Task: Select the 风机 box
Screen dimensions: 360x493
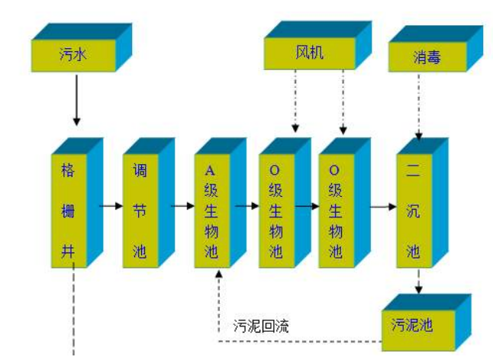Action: [x=304, y=53]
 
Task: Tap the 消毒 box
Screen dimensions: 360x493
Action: [x=427, y=57]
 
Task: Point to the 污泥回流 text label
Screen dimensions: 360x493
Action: [x=261, y=326]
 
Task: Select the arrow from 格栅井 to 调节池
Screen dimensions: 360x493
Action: [x=111, y=205]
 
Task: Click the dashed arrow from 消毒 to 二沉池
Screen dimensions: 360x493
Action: [x=418, y=107]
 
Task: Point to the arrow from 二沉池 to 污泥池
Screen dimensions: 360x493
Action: [x=418, y=284]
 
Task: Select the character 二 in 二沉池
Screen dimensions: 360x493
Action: [x=414, y=169]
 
